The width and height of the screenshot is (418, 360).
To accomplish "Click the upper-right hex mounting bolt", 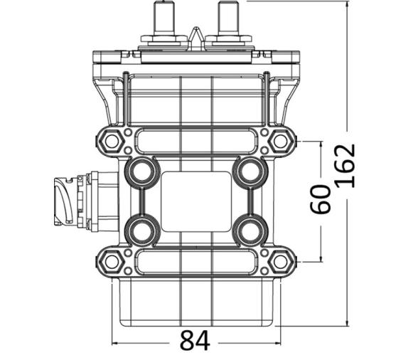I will coord(280,141).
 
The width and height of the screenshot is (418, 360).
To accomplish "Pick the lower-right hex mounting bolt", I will coord(280,261).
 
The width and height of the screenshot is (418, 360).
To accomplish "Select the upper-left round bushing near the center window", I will coord(141,171).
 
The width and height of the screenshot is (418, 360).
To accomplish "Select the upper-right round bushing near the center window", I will coord(250,171).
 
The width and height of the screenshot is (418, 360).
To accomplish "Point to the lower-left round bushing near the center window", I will coord(141,231).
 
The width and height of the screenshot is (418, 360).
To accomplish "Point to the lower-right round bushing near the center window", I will coord(250,231).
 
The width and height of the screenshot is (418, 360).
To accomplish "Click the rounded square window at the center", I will coord(195,201).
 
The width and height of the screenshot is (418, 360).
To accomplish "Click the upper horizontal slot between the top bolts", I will coord(195,141).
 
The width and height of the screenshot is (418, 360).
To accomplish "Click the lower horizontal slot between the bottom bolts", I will coord(195,261).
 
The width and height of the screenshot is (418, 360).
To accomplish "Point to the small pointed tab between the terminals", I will coord(195,35).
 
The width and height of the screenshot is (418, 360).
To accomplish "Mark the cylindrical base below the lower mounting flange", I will coord(195,302).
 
